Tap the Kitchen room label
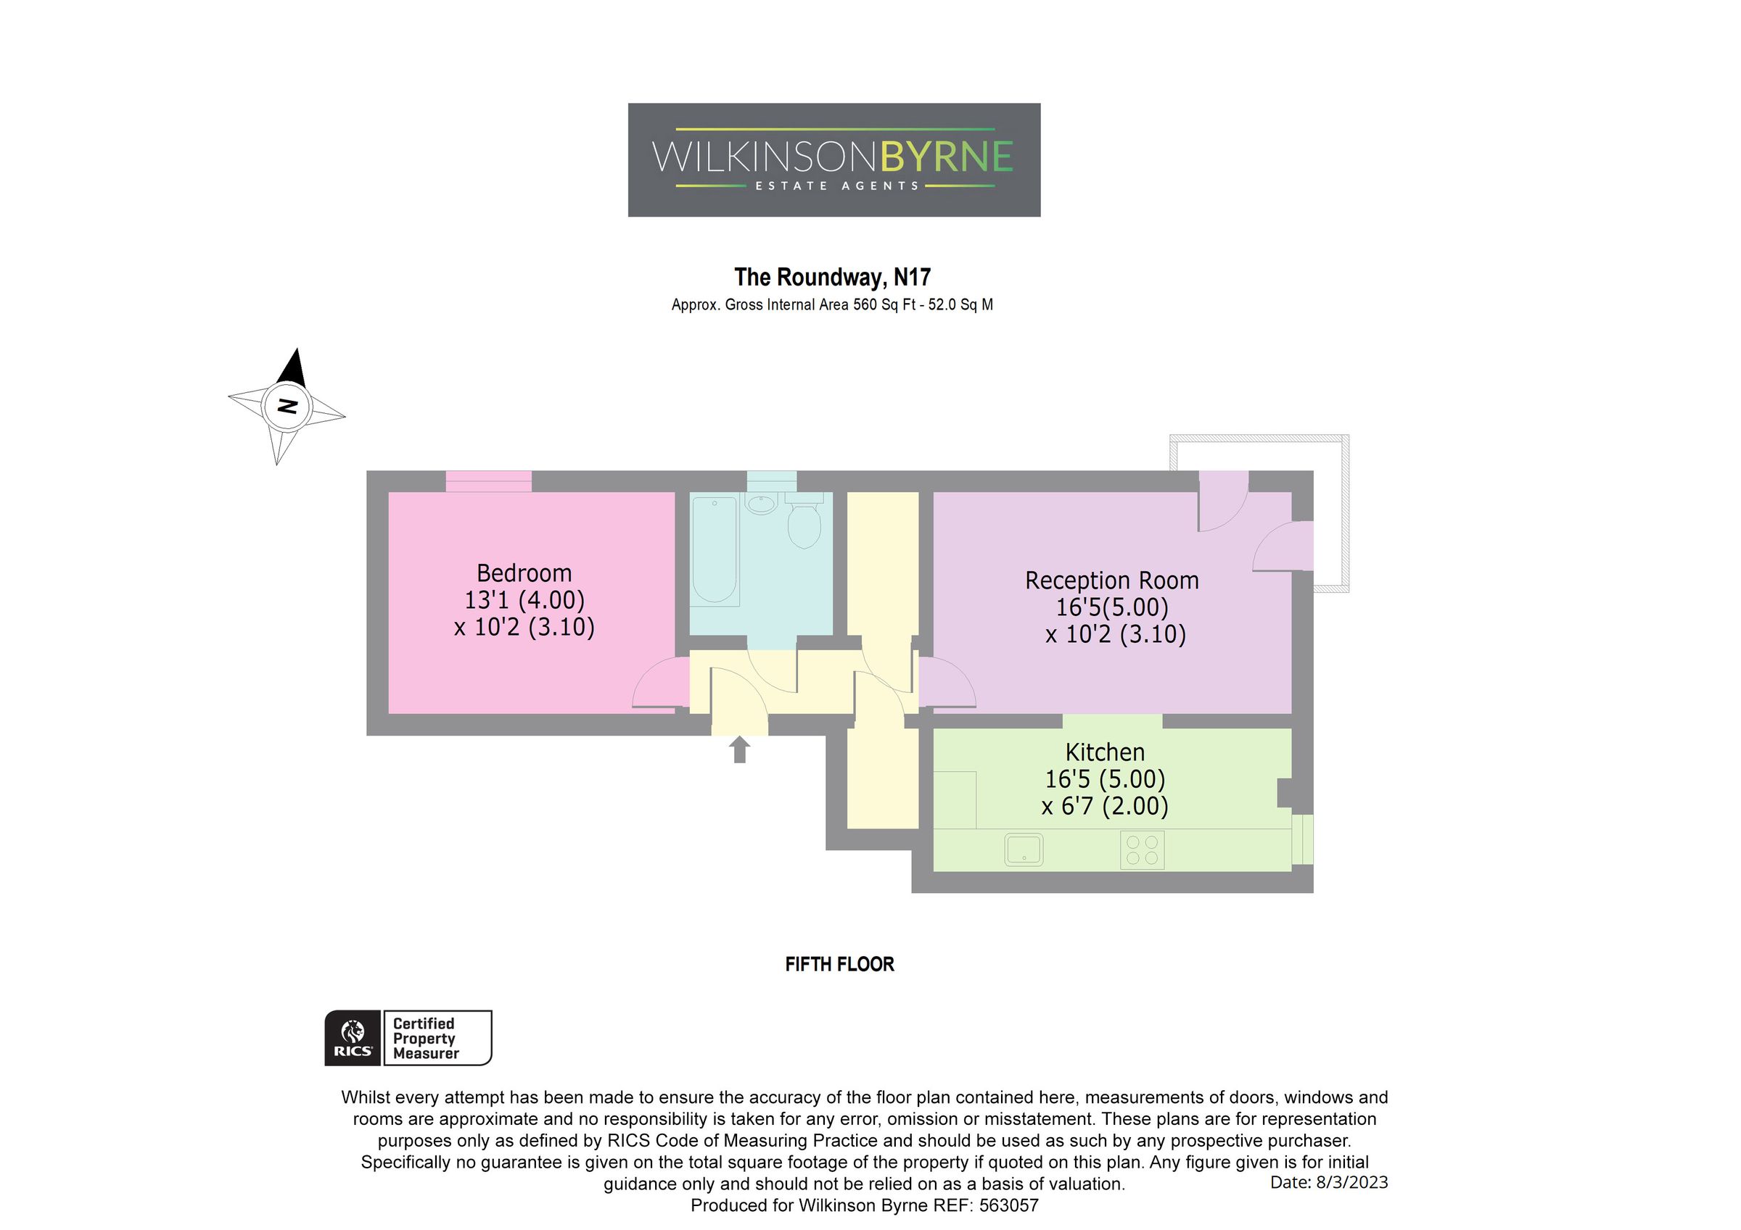[x=1105, y=752]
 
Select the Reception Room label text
[x=1111, y=581]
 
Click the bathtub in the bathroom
[x=715, y=550]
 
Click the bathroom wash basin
[x=760, y=504]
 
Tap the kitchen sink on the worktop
[x=1023, y=849]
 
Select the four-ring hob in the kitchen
[x=1141, y=850]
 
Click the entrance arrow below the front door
[x=739, y=749]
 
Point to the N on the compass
[x=287, y=406]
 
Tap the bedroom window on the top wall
[x=488, y=481]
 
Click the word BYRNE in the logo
[x=945, y=157]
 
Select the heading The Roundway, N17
[x=832, y=278]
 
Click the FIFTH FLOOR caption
[x=839, y=965]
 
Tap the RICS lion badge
[x=353, y=1037]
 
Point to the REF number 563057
[x=1008, y=1205]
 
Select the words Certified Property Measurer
[x=425, y=1038]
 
